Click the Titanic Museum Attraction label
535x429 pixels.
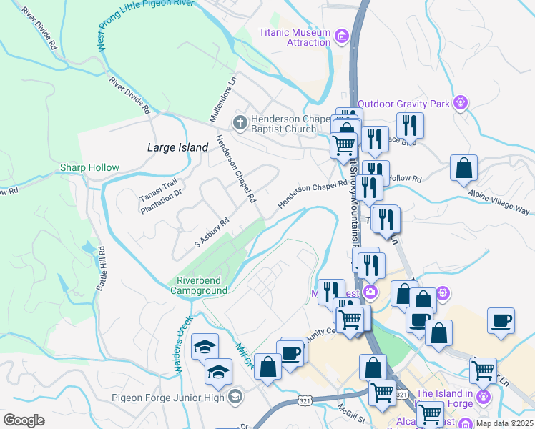click(x=295, y=38)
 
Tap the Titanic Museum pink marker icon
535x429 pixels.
click(x=341, y=34)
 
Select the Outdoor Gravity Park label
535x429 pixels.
click(x=403, y=104)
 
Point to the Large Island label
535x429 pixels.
click(x=177, y=147)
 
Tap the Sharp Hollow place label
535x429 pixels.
click(x=89, y=167)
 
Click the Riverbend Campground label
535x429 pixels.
click(x=199, y=285)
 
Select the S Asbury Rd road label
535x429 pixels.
click(x=211, y=233)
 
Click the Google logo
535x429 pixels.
click(x=24, y=420)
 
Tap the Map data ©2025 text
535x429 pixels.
click(x=504, y=423)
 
